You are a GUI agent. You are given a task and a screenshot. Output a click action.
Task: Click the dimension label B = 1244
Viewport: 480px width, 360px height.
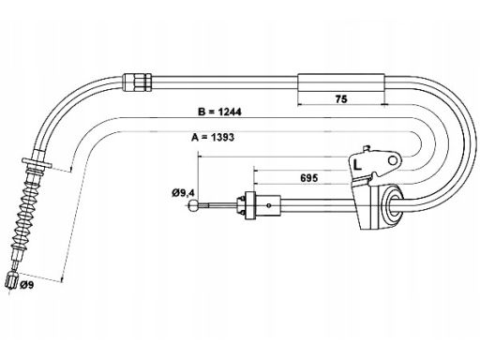219,112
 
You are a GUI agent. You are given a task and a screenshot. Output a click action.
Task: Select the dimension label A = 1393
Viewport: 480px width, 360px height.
213,137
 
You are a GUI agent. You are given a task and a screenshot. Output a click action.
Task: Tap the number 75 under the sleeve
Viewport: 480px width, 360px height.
341,99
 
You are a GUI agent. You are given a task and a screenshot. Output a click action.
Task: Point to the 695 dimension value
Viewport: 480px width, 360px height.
309,178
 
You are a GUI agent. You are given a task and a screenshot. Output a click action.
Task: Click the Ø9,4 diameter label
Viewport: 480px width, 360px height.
183,193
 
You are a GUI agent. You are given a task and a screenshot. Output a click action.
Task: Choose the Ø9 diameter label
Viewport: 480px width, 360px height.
26,285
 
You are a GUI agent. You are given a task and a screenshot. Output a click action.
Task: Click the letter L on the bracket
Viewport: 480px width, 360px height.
357,165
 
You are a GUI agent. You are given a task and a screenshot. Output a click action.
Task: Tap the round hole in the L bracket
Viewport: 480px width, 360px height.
393,160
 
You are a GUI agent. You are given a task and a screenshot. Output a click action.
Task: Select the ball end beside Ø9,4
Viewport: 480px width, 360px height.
193,205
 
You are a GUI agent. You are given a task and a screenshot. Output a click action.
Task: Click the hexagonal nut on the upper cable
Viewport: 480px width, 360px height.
138,82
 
